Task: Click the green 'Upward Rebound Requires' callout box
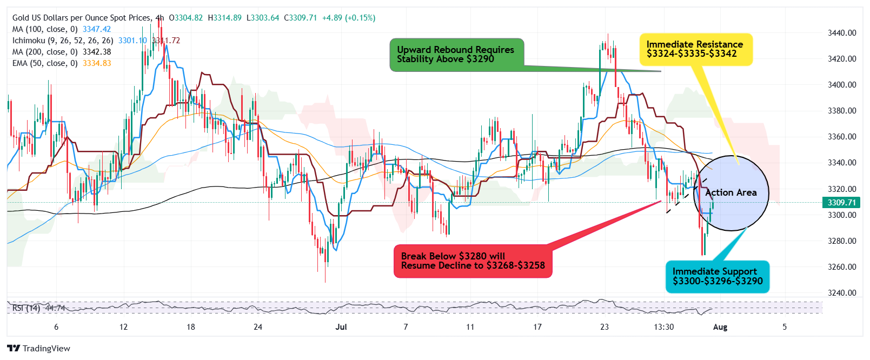456,55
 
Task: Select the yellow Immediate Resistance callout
695,49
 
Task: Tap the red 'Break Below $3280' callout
473,261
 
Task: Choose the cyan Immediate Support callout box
717,276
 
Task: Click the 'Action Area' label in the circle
730,192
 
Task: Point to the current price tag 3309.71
841,203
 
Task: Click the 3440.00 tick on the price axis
842,33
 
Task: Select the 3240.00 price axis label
842,293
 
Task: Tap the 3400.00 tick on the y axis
842,85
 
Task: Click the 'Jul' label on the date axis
341,327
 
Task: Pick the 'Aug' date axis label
720,327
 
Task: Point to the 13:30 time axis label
664,327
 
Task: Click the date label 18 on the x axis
191,327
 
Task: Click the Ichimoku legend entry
63,41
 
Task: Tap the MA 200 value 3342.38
97,52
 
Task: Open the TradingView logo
39,349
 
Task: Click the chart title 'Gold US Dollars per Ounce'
81,18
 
